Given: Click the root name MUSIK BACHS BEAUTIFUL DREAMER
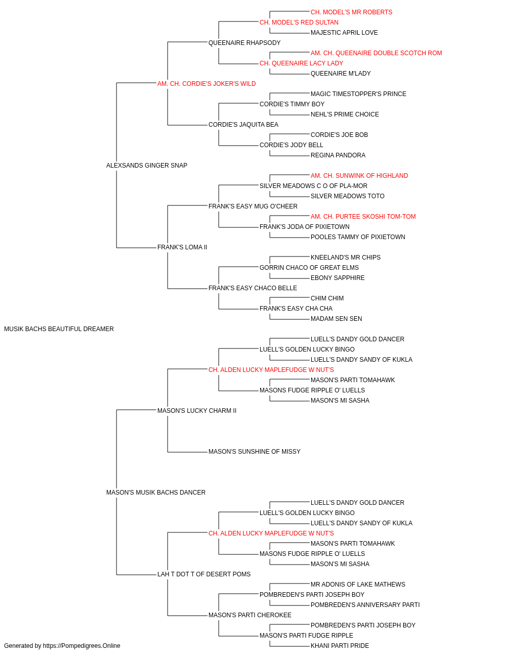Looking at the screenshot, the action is coord(59,329).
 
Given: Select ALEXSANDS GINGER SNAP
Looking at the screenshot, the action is coord(147,166).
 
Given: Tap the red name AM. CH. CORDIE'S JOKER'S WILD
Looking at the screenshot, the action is coord(206,84).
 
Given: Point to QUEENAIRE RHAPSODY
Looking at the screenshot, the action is coord(244,43).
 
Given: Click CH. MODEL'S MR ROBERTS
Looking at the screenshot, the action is coord(352,12).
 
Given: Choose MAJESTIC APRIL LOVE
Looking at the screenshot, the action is coord(344,33).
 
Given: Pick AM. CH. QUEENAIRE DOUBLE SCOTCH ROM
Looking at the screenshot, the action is coord(376,53).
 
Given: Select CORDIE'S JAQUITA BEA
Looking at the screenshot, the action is coord(243,125).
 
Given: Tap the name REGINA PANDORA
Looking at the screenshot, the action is coord(338,155).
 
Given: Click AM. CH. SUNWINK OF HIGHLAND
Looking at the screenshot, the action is coord(359,176).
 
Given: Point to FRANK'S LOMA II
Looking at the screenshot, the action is coord(182,247).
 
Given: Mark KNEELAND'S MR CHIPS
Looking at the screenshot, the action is coord(345,258).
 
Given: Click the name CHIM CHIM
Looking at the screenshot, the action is coord(327,298).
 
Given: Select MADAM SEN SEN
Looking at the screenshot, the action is coord(336,319).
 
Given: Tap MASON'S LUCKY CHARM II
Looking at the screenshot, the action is coord(197,411).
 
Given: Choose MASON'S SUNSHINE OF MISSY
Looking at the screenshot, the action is coord(254,452).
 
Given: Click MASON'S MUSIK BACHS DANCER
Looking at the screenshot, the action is coord(156,493).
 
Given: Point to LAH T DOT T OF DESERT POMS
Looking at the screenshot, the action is coord(204,574).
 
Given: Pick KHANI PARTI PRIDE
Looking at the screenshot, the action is coord(340,646).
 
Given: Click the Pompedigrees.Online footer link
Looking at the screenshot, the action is coord(82,646).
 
